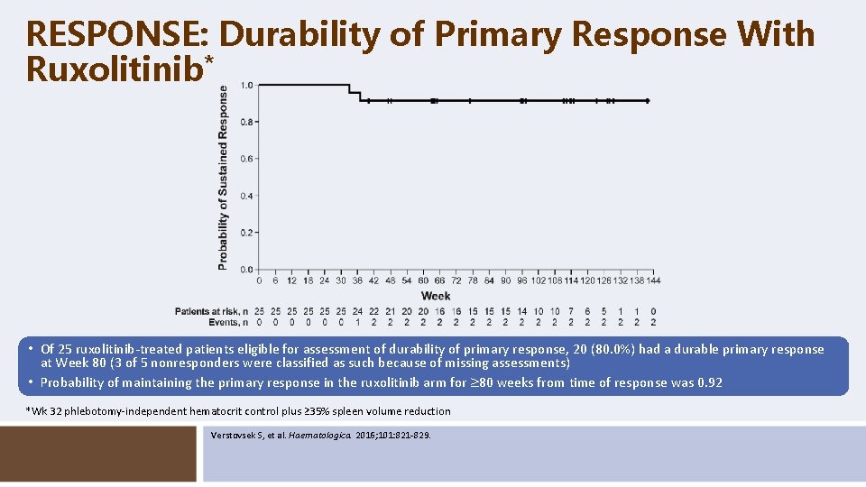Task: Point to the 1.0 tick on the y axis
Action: point(245,86)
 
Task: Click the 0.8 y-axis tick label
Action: point(245,122)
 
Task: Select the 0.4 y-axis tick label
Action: point(245,196)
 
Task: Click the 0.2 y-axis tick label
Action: point(245,233)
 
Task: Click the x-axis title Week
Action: point(436,296)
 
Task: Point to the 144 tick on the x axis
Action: point(652,280)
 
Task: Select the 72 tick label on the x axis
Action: point(456,280)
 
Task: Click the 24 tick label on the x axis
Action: point(325,280)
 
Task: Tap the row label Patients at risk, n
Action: point(211,311)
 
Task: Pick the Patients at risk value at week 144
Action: point(652,311)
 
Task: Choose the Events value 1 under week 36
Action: point(357,321)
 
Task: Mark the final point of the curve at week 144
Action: point(648,101)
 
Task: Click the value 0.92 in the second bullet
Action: point(710,382)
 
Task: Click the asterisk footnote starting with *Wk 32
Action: point(238,411)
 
